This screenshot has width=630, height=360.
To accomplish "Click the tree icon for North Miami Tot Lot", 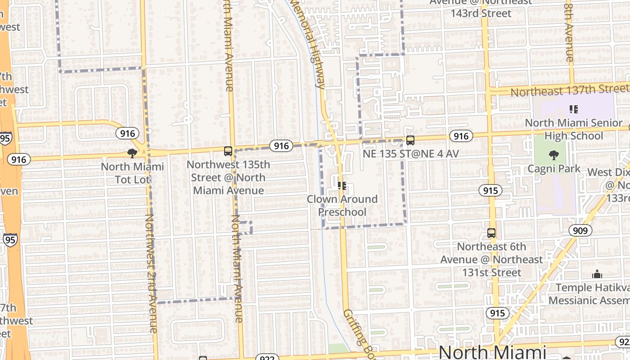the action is [132, 153].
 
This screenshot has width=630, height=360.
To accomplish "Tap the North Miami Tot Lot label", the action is [132, 173].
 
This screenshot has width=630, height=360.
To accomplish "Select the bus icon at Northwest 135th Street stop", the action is [228, 151].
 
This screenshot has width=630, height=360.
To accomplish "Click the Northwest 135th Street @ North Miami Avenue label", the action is [229, 177].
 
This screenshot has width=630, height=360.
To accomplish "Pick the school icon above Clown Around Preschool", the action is [342, 185].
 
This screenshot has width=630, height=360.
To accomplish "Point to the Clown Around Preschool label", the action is [342, 205].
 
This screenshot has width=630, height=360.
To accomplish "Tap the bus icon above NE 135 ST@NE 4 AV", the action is [410, 140].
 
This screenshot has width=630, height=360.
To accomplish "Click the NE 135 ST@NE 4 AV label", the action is [411, 154].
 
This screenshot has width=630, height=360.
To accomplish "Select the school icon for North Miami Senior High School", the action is [573, 109].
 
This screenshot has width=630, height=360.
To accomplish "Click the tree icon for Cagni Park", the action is [554, 155].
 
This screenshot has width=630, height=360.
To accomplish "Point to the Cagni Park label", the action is [554, 169].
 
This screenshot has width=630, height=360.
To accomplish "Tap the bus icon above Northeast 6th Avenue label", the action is [491, 233].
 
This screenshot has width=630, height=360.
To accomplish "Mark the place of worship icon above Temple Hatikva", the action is [597, 274].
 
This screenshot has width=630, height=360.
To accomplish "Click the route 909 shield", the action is [580, 231].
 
